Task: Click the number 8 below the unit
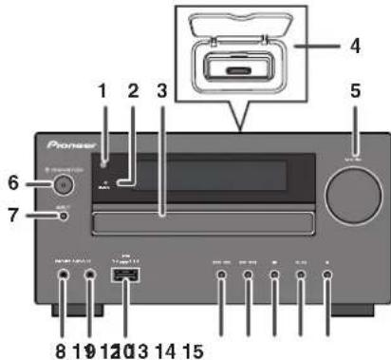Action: [60, 351]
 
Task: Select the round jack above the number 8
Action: [64, 277]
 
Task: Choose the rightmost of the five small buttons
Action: [327, 277]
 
